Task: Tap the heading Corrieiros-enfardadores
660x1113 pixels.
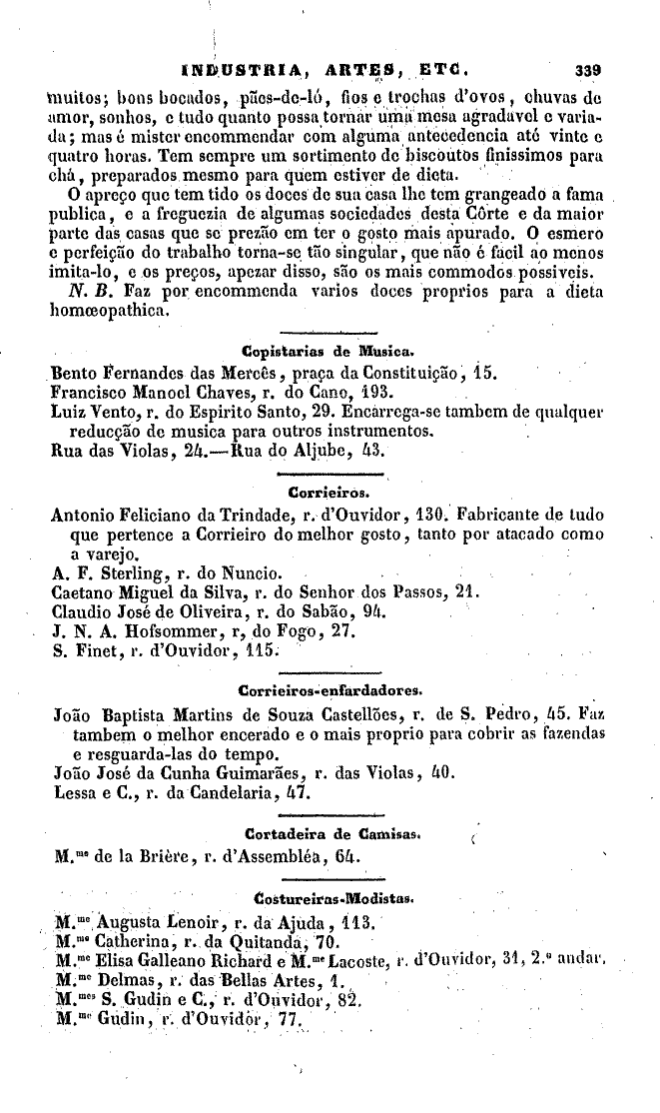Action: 330,688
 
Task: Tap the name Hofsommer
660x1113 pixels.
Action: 189,629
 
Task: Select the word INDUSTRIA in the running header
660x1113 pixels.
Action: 241,71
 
